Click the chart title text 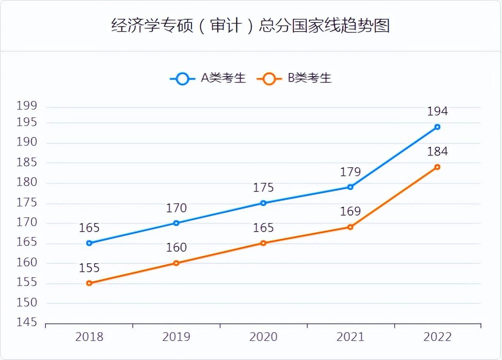pos(250,26)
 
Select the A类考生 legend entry pos(208,78)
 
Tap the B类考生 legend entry pos(294,78)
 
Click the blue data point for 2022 pos(437,127)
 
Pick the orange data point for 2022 pos(437,167)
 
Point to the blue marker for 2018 pos(89,243)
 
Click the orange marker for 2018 pos(89,283)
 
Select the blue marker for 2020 pos(263,203)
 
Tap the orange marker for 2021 pos(350,227)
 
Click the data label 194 pos(437,112)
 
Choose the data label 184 pos(437,152)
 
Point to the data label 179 pos(350,172)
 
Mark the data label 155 pos(89,268)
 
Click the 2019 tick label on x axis pos(176,337)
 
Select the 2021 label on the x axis pos(350,337)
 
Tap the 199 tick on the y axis pos(27,106)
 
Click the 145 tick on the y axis pos(27,323)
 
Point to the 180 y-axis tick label pos(27,182)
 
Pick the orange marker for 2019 pos(176,263)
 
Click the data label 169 pos(350,212)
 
